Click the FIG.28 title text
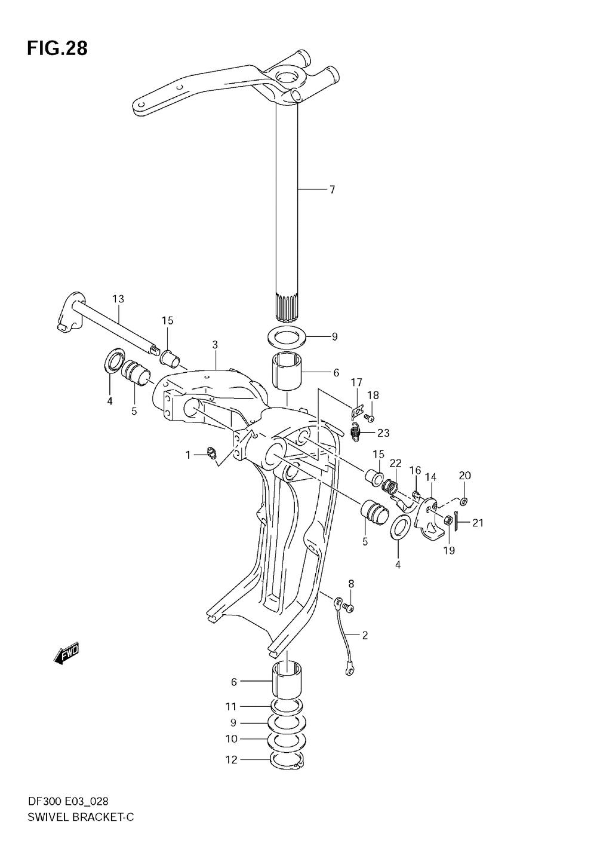[57, 48]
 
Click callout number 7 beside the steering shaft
[332, 190]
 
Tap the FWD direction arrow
[66, 654]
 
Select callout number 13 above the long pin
[118, 298]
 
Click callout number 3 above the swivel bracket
[215, 344]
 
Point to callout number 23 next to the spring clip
[383, 433]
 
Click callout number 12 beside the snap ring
[231, 760]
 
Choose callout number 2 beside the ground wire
[365, 635]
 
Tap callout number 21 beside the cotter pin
[478, 523]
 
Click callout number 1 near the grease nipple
[188, 455]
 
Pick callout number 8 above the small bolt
[351, 583]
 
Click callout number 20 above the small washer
[465, 476]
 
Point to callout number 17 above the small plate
[356, 382]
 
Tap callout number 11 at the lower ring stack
[231, 706]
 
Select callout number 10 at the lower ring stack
[231, 739]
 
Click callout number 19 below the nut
[449, 550]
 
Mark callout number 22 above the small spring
[396, 463]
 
